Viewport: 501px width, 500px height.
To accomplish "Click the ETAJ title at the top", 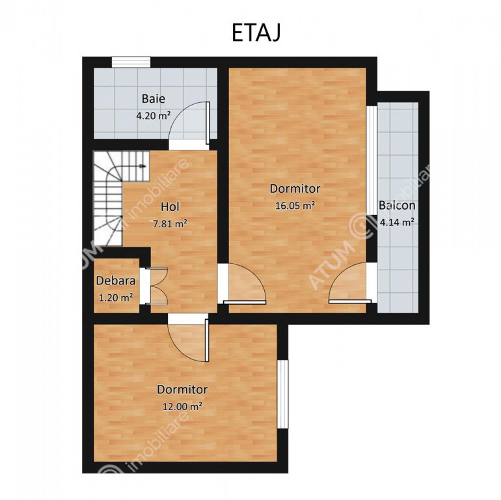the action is tap(256, 33).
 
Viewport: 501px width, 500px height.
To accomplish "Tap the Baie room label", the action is tap(154, 98).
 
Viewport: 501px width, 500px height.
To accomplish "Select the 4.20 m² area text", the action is tap(154, 115).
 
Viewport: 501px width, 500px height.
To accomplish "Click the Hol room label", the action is tap(170, 206).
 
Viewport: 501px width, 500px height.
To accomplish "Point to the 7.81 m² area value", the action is tap(170, 224).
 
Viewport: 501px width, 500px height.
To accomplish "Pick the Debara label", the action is tap(116, 281).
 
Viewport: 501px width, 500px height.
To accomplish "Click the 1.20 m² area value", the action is tap(116, 298).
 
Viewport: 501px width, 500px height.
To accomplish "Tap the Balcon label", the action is tap(397, 205).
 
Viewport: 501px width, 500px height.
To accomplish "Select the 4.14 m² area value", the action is tap(398, 222).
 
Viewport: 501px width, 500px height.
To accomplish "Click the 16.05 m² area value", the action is tap(295, 205).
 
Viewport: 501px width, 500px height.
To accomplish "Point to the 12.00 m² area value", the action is tap(182, 406).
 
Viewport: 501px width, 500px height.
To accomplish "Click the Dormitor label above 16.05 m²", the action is tap(295, 188).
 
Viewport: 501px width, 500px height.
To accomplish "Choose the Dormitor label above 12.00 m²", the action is tap(182, 389).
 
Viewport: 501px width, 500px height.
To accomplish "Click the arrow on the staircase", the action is tap(143, 166).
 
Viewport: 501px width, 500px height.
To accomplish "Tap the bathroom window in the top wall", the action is tap(131, 62).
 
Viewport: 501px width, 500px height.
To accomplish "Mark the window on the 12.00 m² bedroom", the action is tap(283, 394).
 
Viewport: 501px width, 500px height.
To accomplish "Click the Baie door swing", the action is tap(189, 122).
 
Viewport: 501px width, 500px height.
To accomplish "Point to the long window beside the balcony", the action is tap(372, 160).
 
